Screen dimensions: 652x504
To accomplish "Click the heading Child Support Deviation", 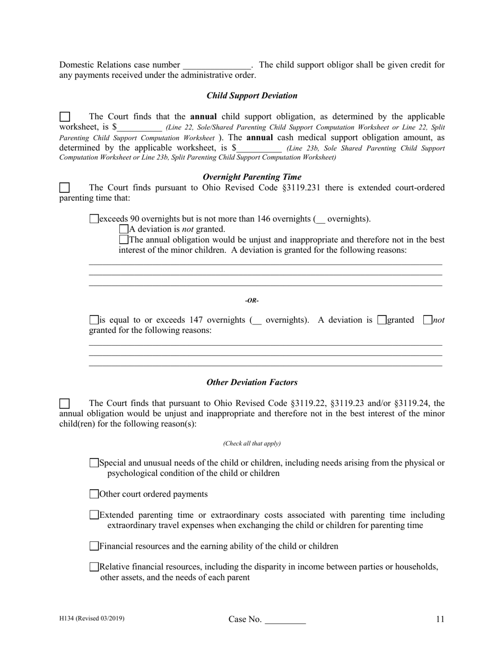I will pyautogui.click(x=251, y=96).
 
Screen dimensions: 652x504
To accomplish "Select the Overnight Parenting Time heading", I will pyautogui.click(x=251, y=177).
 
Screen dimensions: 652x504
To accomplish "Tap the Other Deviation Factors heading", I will pyautogui.click(x=251, y=382).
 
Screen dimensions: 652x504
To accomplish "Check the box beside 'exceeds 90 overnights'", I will pyautogui.click(x=94, y=219).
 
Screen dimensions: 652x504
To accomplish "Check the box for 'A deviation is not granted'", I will pyautogui.click(x=124, y=230).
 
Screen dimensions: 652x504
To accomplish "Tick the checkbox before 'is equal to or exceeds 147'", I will pyautogui.click(x=94, y=320).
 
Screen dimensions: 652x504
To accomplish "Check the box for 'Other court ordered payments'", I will pyautogui.click(x=94, y=495).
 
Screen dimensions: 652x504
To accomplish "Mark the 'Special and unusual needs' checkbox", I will pyautogui.click(x=94, y=463).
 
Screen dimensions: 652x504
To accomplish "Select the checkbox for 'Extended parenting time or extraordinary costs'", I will pyautogui.click(x=94, y=515).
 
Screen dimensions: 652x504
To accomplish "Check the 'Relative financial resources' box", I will pyautogui.click(x=94, y=567).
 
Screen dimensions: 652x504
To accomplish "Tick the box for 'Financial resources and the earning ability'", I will pyautogui.click(x=94, y=547).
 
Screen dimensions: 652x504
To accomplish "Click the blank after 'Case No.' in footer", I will pyautogui.click(x=285, y=620).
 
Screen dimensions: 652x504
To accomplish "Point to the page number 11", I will pyautogui.click(x=440, y=619).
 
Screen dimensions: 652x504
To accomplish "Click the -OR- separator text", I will pyautogui.click(x=251, y=301).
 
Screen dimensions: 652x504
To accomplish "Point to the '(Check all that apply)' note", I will pyautogui.click(x=251, y=443).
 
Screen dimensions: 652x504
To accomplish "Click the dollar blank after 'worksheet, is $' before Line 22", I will pyautogui.click(x=139, y=128).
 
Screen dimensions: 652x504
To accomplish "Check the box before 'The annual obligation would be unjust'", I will pyautogui.click(x=124, y=240).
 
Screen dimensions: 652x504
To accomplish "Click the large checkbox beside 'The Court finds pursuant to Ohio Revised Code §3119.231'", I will pyautogui.click(x=64, y=188).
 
